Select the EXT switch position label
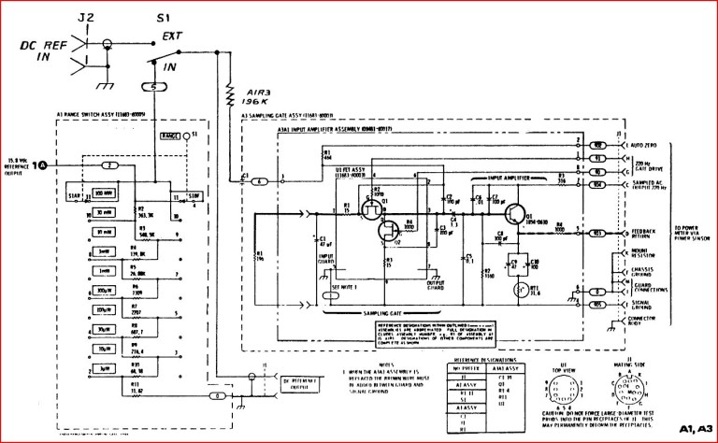(172, 36)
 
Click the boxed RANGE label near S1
(168, 136)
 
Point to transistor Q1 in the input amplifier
(514, 213)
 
